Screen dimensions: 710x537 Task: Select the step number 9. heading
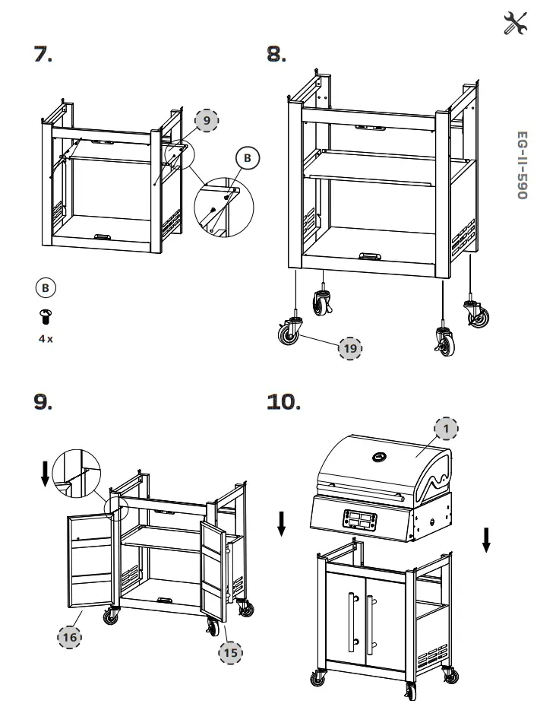tap(43, 401)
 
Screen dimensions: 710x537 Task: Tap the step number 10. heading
tap(283, 401)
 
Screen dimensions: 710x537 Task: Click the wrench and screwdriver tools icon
tap(515, 24)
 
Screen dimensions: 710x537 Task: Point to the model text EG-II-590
tap(522, 166)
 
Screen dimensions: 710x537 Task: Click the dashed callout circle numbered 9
tap(207, 120)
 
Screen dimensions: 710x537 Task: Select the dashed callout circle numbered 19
tap(349, 348)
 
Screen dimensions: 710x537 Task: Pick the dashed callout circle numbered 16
tap(69, 637)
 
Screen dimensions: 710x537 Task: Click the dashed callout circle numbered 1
tap(447, 429)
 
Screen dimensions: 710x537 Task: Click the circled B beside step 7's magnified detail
tap(246, 158)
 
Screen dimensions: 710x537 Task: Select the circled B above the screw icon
tap(46, 288)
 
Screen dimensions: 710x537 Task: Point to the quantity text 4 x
tap(46, 338)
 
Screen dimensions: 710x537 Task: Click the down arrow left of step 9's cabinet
tap(46, 472)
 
